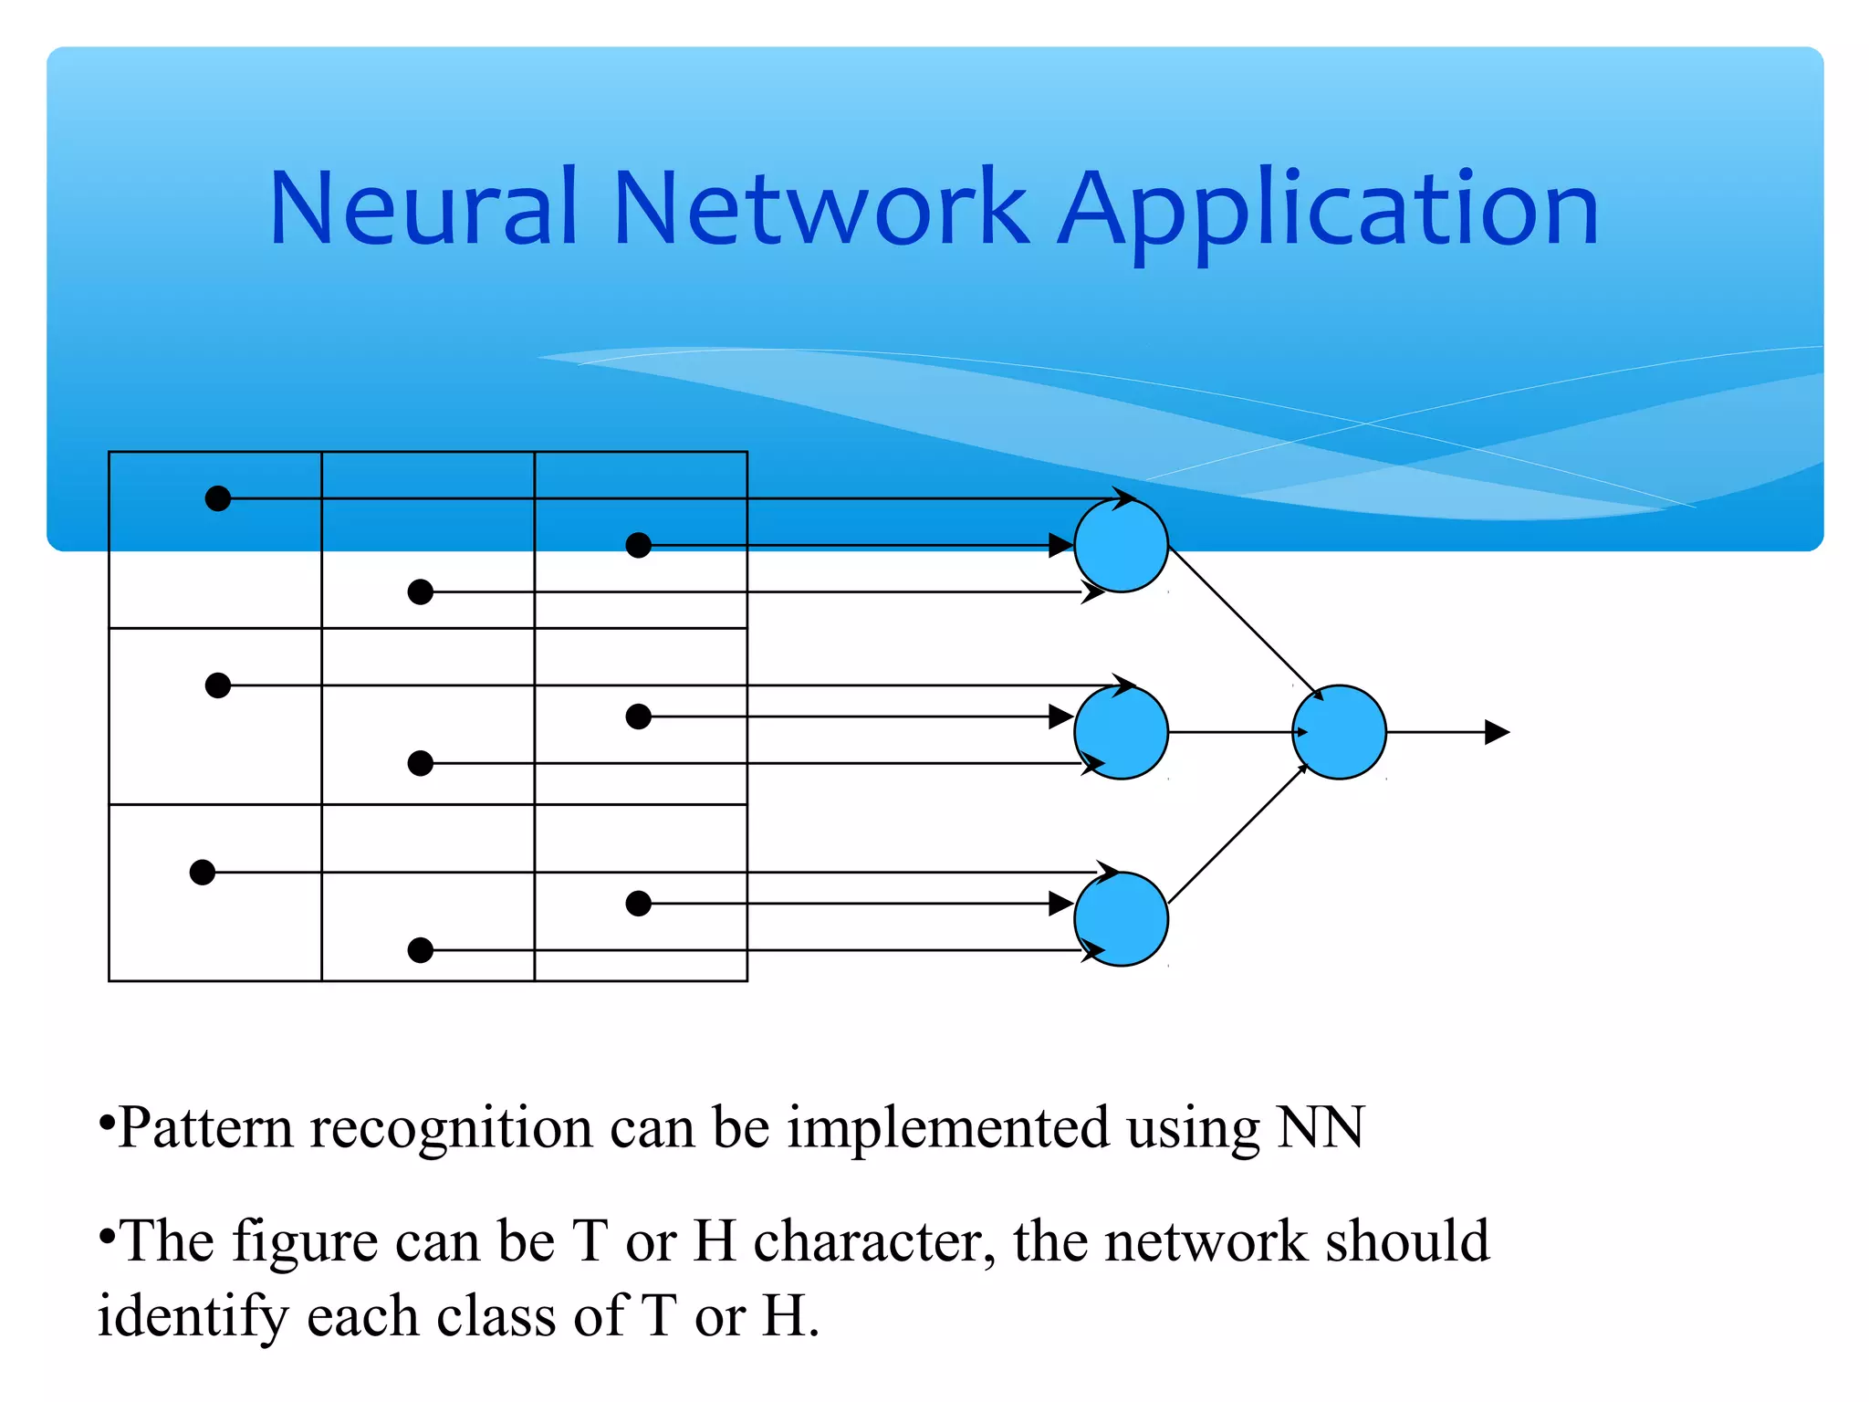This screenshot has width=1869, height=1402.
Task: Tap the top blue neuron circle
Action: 1121,546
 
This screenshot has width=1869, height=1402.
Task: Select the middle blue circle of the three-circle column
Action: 1121,732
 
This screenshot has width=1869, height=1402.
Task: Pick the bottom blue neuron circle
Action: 1121,918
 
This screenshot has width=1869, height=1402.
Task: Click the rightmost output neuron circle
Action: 1339,732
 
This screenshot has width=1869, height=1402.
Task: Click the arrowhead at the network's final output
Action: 1497,732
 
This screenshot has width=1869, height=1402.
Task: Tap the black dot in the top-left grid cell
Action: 218,498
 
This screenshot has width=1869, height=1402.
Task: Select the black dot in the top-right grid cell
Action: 639,546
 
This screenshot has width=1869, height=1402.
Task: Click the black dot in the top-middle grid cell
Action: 420,592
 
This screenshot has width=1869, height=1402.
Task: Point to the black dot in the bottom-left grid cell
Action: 203,873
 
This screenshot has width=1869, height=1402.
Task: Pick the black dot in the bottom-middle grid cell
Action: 420,950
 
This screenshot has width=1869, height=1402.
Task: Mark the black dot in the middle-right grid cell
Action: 639,717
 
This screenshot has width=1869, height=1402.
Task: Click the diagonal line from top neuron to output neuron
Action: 1241,620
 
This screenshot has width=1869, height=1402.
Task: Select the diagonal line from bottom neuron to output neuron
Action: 1237,834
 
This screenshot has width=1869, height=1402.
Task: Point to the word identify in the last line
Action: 193,1318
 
